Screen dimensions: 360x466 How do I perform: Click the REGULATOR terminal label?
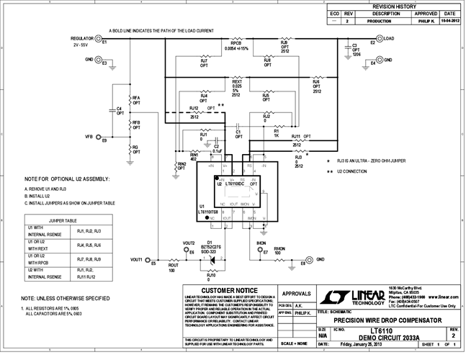[85, 37]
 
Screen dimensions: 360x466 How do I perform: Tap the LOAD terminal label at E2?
[388, 38]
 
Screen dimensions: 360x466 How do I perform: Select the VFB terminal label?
[89, 135]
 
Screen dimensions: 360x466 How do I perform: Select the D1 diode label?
[210, 242]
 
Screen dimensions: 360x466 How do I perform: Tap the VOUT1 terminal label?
[135, 258]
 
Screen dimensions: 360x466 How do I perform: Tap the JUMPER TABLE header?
[62, 221]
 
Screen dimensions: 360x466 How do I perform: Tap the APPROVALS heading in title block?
[297, 294]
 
